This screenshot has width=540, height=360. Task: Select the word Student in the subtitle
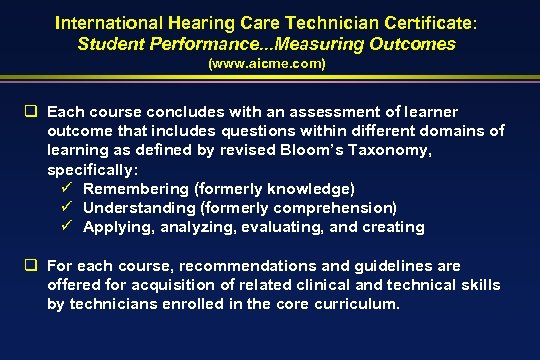(111, 44)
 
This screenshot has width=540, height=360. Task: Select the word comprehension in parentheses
(337, 208)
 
